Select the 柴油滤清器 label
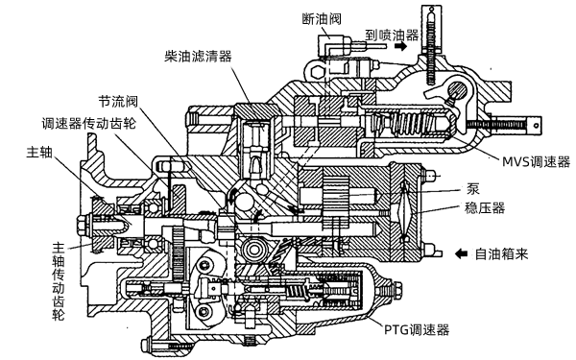(200, 57)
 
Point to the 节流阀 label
(120, 100)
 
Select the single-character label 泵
(473, 189)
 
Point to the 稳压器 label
(485, 206)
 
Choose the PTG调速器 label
(420, 328)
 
